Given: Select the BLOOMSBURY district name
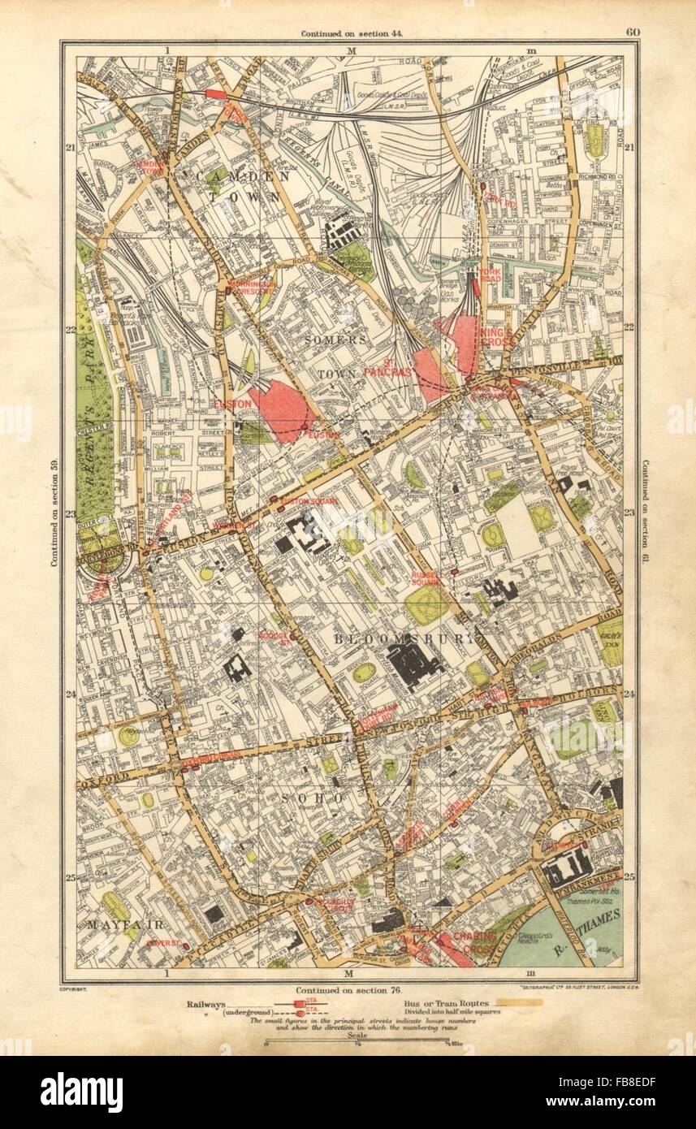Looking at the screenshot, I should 403,639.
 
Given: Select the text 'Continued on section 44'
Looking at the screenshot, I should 352,34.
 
